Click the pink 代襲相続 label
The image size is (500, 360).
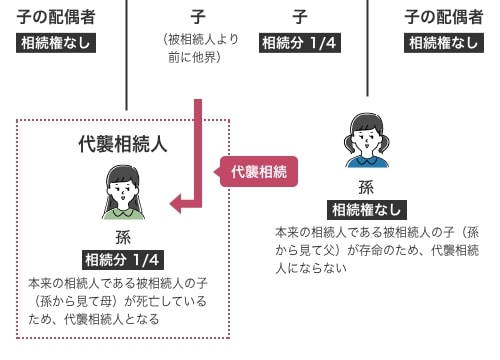[x=258, y=171]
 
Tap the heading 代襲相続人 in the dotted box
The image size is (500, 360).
[x=123, y=143]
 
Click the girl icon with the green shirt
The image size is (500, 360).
[x=123, y=193]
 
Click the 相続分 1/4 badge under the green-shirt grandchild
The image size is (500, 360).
[x=123, y=260]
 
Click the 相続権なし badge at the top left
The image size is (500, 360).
[x=57, y=43]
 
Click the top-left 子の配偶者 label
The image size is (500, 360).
[x=57, y=16]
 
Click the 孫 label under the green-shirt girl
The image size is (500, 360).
[x=123, y=237]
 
